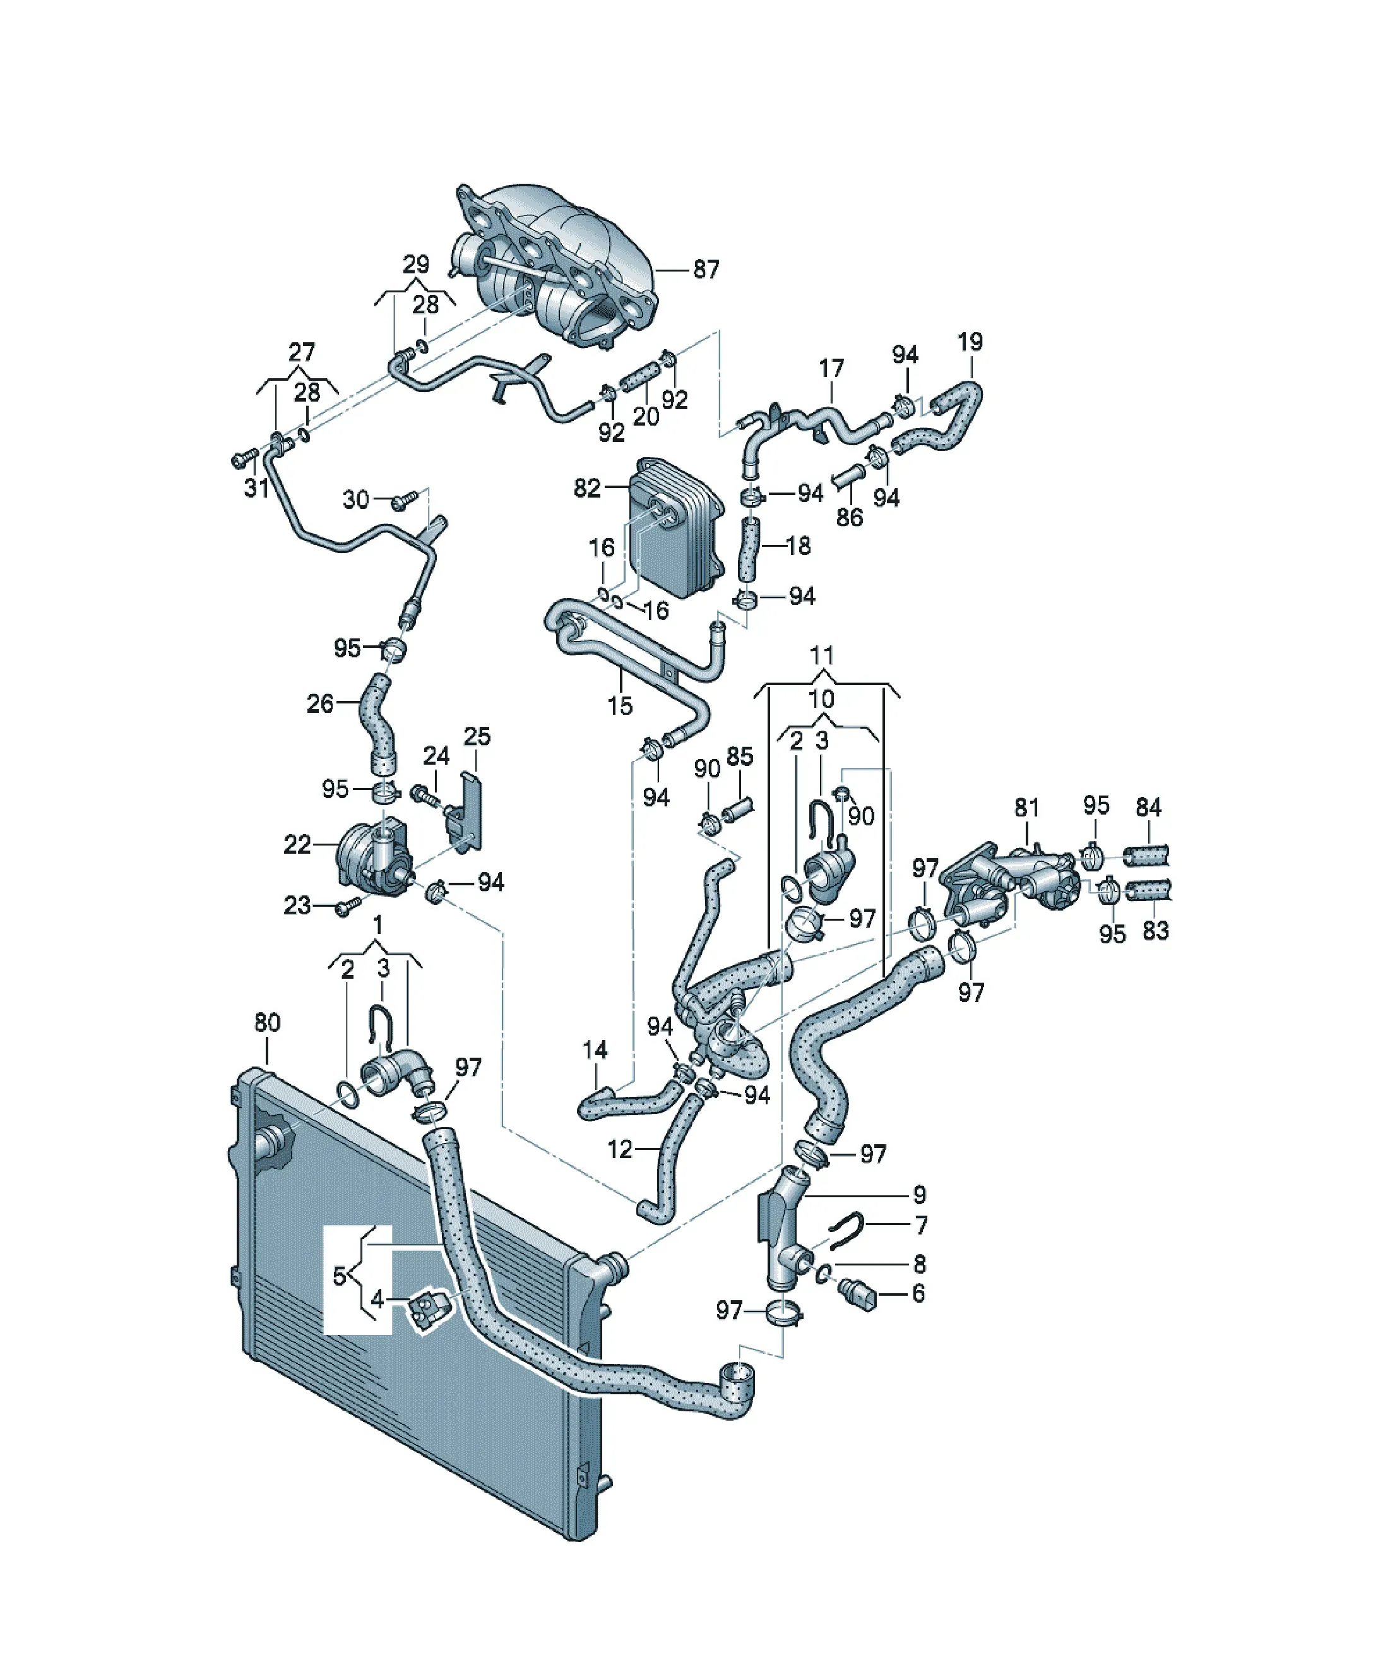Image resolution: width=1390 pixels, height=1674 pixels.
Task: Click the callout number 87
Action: pos(705,270)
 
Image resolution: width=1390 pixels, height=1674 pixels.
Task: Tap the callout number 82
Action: pos(588,488)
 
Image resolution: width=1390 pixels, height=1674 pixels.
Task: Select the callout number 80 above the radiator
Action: pos(267,1023)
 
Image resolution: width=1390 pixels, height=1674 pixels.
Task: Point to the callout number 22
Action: pos(297,845)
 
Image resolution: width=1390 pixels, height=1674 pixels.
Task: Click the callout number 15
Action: pos(620,705)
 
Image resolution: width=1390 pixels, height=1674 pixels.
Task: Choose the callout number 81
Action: pos(1026,808)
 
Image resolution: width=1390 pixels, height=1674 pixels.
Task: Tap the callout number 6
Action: pos(919,1294)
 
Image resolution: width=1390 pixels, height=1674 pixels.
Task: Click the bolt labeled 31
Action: pos(242,459)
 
